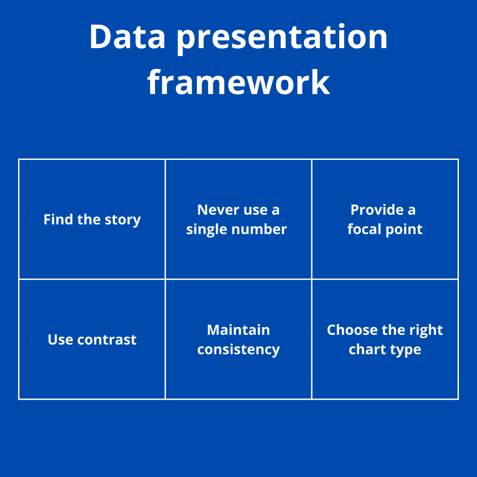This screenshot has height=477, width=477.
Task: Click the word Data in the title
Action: coord(128,36)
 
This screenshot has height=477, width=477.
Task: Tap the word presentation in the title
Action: coord(282,39)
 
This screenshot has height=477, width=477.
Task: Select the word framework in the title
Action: coord(238,82)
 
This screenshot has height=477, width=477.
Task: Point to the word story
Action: coord(123,220)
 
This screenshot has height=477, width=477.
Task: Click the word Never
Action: coord(218,210)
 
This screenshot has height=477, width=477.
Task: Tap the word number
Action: coord(259,229)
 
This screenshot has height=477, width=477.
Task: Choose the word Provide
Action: coord(377,209)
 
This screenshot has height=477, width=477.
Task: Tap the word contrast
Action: coord(107,340)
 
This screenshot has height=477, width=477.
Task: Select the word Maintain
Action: coord(238,330)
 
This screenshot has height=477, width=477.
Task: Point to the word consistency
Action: coord(238,350)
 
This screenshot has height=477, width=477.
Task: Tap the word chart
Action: coord(365,349)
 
